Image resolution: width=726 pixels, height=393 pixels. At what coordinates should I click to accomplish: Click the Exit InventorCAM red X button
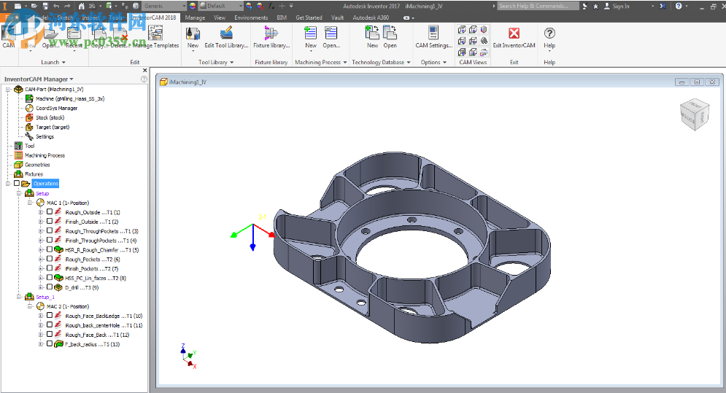514,34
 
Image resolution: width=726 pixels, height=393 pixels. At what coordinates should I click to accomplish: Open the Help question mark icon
549,34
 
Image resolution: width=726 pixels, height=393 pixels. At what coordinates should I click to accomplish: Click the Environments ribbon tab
250,17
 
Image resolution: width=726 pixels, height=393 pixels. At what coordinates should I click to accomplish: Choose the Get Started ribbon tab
309,17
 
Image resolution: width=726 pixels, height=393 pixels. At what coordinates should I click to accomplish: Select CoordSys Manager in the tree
56,108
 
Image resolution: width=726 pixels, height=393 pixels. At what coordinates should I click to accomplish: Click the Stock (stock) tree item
50,117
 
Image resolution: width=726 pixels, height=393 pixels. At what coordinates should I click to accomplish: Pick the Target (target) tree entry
53,127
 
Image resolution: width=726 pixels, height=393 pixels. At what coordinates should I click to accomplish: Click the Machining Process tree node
45,155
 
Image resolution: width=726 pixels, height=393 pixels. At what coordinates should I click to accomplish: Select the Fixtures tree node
34,174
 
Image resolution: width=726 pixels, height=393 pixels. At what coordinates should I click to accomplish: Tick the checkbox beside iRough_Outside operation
50,212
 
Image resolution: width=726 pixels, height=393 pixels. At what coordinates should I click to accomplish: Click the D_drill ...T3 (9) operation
81,287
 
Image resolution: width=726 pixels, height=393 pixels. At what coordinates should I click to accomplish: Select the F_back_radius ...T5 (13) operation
91,344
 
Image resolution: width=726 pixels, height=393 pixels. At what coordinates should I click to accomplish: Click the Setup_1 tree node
45,297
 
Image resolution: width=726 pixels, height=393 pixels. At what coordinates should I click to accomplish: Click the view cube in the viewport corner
692,114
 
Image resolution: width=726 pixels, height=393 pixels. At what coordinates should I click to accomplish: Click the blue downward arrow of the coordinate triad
252,246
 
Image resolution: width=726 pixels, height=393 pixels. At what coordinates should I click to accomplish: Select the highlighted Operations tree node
45,184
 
